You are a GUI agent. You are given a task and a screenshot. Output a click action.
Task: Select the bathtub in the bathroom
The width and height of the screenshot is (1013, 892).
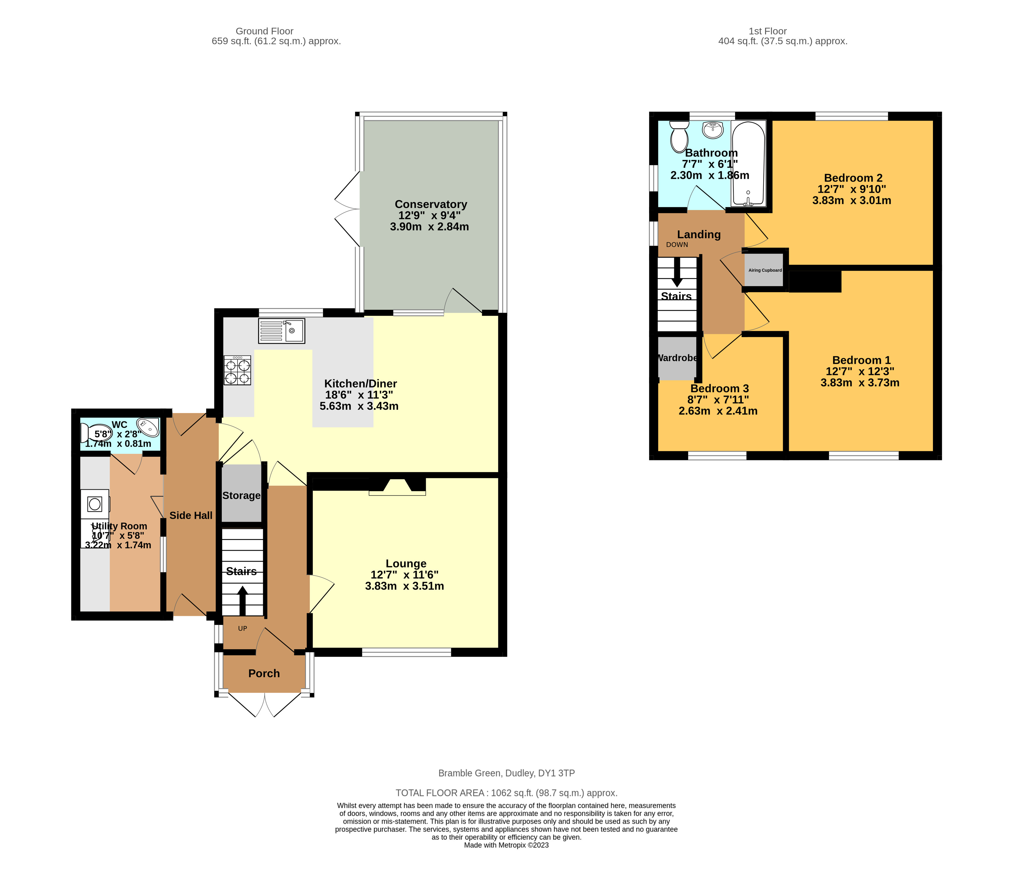point(748,164)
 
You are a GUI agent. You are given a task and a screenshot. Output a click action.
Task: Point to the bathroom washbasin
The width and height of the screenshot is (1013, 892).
point(713,130)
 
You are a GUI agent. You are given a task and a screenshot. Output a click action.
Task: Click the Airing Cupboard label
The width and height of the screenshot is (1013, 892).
point(765,270)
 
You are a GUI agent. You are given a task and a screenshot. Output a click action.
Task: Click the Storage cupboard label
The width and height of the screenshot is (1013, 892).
point(241,495)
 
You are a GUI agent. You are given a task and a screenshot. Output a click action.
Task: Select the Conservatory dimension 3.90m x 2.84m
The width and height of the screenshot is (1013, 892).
point(429,227)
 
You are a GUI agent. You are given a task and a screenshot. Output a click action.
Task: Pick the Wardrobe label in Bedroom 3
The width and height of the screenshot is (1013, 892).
point(677,358)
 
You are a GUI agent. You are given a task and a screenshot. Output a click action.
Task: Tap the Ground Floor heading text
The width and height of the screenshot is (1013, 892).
point(264,31)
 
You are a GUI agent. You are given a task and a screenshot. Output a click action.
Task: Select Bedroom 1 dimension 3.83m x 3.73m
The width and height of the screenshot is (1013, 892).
point(860,382)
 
